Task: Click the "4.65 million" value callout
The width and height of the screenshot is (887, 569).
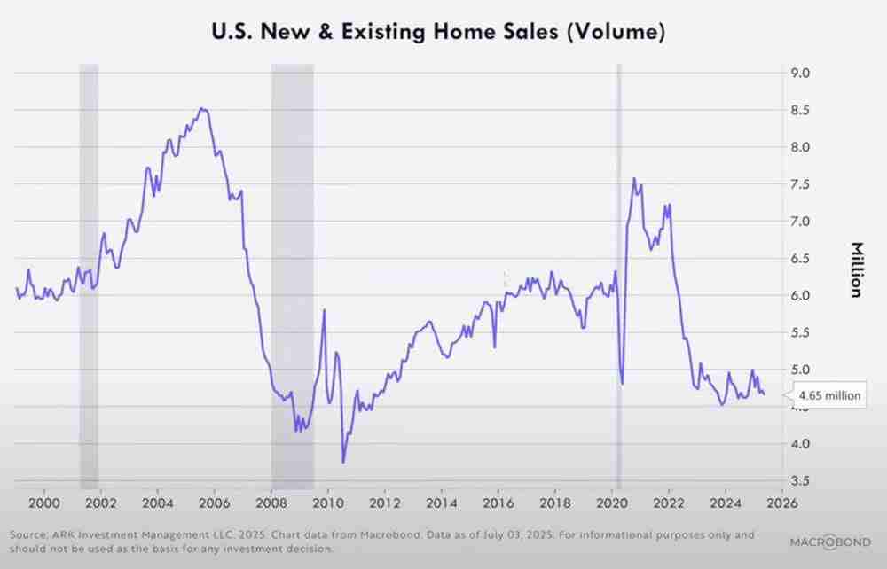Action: tap(829, 395)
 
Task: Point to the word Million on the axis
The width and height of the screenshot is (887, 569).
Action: tap(856, 269)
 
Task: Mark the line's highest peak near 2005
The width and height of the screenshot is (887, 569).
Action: tap(202, 108)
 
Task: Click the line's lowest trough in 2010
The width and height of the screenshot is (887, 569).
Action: tap(343, 462)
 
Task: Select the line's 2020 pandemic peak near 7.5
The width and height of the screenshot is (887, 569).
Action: tap(634, 178)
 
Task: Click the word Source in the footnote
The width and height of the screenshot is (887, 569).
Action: tap(27, 534)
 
